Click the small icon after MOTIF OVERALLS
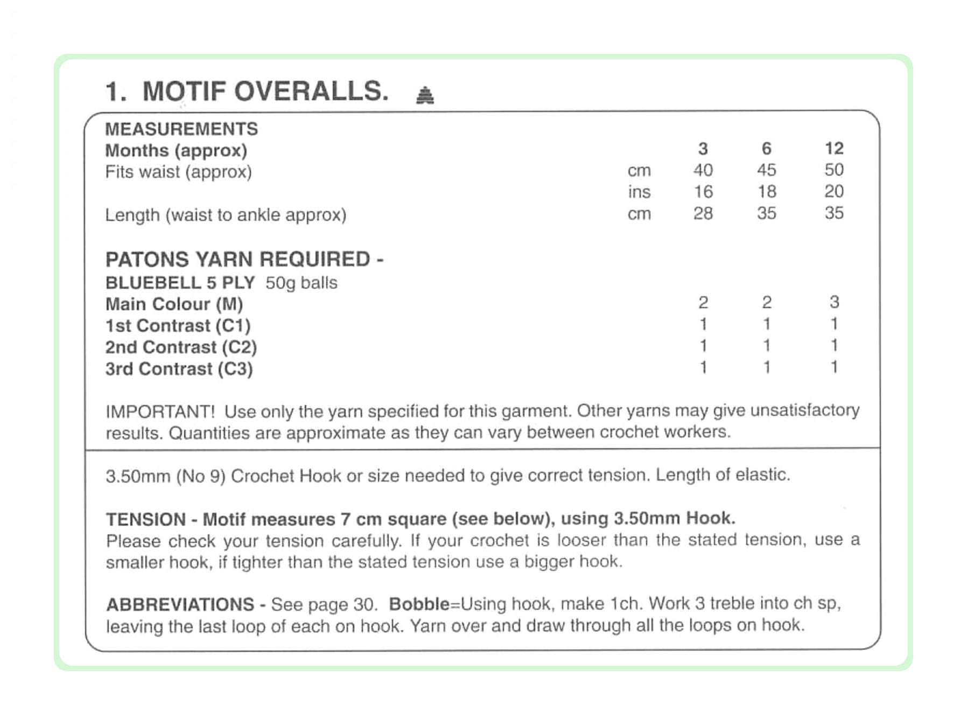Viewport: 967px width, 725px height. tap(425, 95)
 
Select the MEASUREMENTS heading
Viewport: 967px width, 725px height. tap(181, 129)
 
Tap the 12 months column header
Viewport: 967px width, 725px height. tap(833, 148)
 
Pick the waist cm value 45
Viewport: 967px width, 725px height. tap(766, 170)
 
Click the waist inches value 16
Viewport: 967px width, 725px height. tap(703, 192)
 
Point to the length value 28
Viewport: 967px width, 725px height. tap(703, 213)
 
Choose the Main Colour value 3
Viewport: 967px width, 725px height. tap(834, 302)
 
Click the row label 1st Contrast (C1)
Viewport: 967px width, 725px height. tap(178, 326)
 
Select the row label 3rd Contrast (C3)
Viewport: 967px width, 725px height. tap(179, 369)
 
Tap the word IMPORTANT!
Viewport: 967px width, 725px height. tap(160, 412)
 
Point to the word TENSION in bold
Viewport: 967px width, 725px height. tap(145, 519)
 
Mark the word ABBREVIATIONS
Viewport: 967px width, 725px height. tap(180, 604)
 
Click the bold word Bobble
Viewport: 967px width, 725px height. tap(419, 604)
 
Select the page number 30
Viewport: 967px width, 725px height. tap(363, 605)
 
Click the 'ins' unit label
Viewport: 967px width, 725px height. tap(639, 192)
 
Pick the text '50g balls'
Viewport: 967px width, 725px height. tap(301, 283)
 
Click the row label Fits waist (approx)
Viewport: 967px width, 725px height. tap(178, 172)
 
